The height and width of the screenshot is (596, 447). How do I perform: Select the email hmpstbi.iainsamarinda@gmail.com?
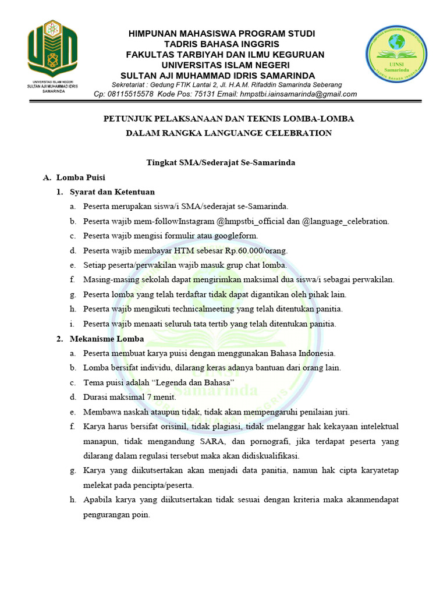click(x=300, y=94)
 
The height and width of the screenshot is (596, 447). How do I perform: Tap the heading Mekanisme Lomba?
click(x=107, y=338)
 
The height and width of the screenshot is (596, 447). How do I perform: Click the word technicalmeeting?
click(x=197, y=309)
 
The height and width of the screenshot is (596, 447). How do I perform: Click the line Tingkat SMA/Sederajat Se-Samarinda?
click(x=220, y=162)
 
